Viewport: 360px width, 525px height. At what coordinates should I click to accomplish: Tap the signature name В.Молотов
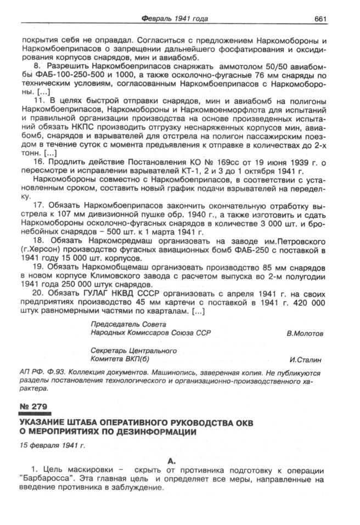[x=305, y=333]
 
